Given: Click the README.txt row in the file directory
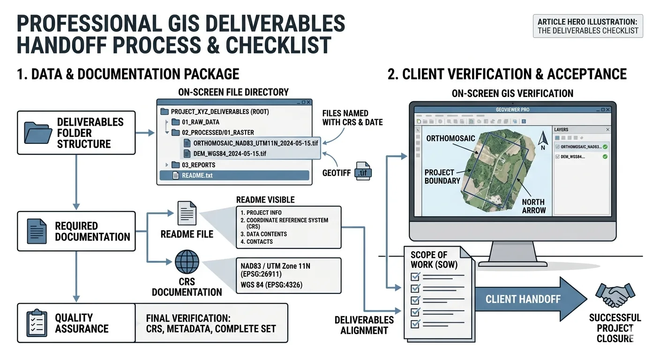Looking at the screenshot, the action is click(x=234, y=176).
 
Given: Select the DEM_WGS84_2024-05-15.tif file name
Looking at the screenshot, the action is click(x=230, y=154).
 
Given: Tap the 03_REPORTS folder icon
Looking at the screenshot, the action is click(x=176, y=165).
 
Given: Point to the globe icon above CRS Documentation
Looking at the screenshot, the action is click(x=187, y=262).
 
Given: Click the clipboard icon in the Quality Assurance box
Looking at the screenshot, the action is click(x=37, y=323).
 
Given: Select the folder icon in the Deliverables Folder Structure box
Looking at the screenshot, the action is click(x=37, y=133).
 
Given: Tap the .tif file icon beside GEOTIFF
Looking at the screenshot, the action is click(x=363, y=171).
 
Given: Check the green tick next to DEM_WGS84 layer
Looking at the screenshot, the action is click(x=605, y=157).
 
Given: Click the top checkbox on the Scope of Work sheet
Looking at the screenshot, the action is click(x=415, y=277).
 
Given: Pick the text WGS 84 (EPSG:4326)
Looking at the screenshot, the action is click(x=271, y=285).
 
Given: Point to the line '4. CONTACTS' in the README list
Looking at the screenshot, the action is click(x=256, y=241).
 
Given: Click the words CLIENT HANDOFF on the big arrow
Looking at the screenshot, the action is click(x=523, y=300).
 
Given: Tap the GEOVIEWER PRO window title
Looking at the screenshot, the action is click(x=513, y=110).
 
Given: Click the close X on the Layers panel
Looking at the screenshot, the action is click(x=607, y=130).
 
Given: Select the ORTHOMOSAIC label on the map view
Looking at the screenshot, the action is click(x=450, y=138).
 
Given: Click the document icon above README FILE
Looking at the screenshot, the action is click(x=187, y=213).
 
